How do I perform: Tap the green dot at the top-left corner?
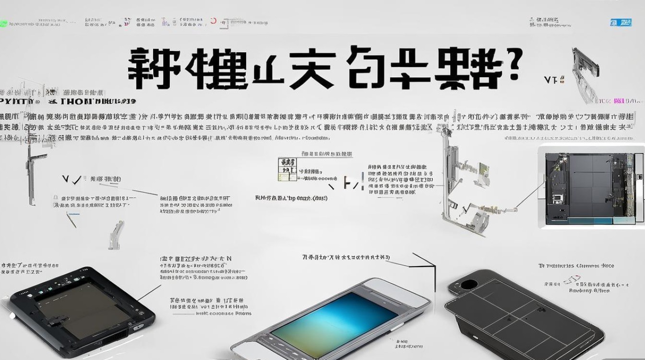coord(3,24)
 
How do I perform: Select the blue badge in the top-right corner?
coord(614,22)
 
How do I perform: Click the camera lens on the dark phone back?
coord(468,284)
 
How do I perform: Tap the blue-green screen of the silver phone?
coord(331,317)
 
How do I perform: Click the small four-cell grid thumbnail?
coord(287,169)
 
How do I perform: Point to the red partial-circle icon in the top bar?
coord(213,22)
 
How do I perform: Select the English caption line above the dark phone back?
coord(576,265)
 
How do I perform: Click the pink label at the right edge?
coord(619,101)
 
